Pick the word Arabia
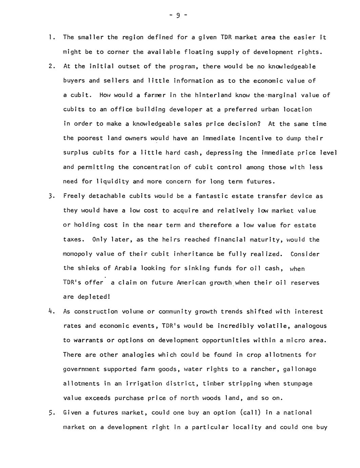[125, 268]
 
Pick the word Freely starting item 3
[74, 196]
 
